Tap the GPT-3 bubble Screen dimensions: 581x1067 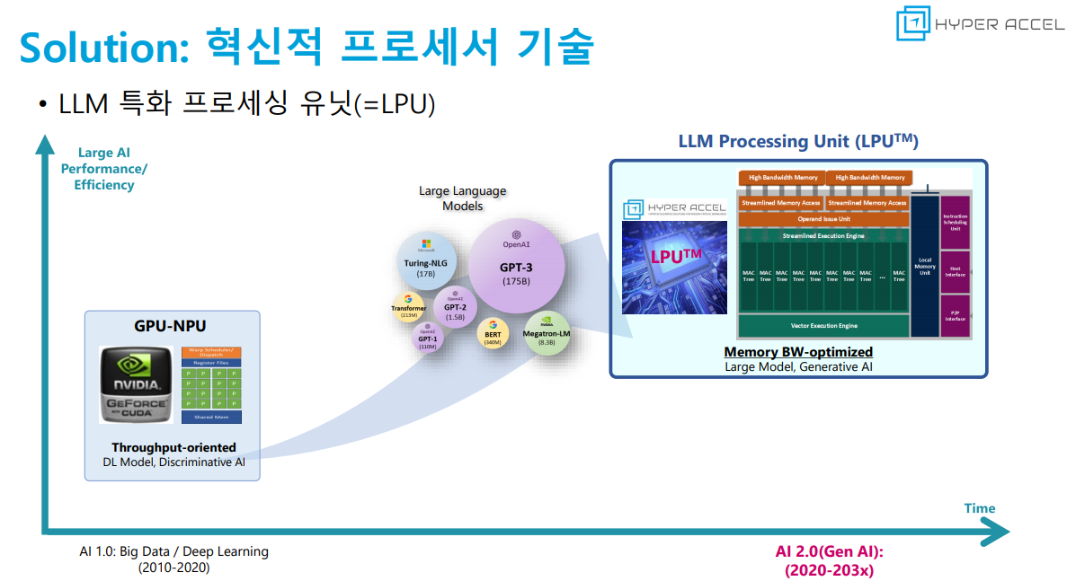coord(516,260)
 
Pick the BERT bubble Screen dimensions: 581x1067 coord(492,334)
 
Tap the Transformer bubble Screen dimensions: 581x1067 coord(408,308)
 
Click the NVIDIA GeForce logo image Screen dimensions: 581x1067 coord(136,384)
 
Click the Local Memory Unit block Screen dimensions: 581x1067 coord(924,267)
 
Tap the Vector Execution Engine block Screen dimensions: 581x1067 coord(822,325)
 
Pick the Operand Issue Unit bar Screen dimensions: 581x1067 coord(822,218)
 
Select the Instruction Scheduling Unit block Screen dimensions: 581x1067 coord(955,222)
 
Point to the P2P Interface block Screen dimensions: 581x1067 coord(955,315)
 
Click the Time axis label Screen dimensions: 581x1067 coord(979,508)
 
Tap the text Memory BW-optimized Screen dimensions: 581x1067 coord(798,352)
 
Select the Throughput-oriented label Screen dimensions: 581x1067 coord(173,447)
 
